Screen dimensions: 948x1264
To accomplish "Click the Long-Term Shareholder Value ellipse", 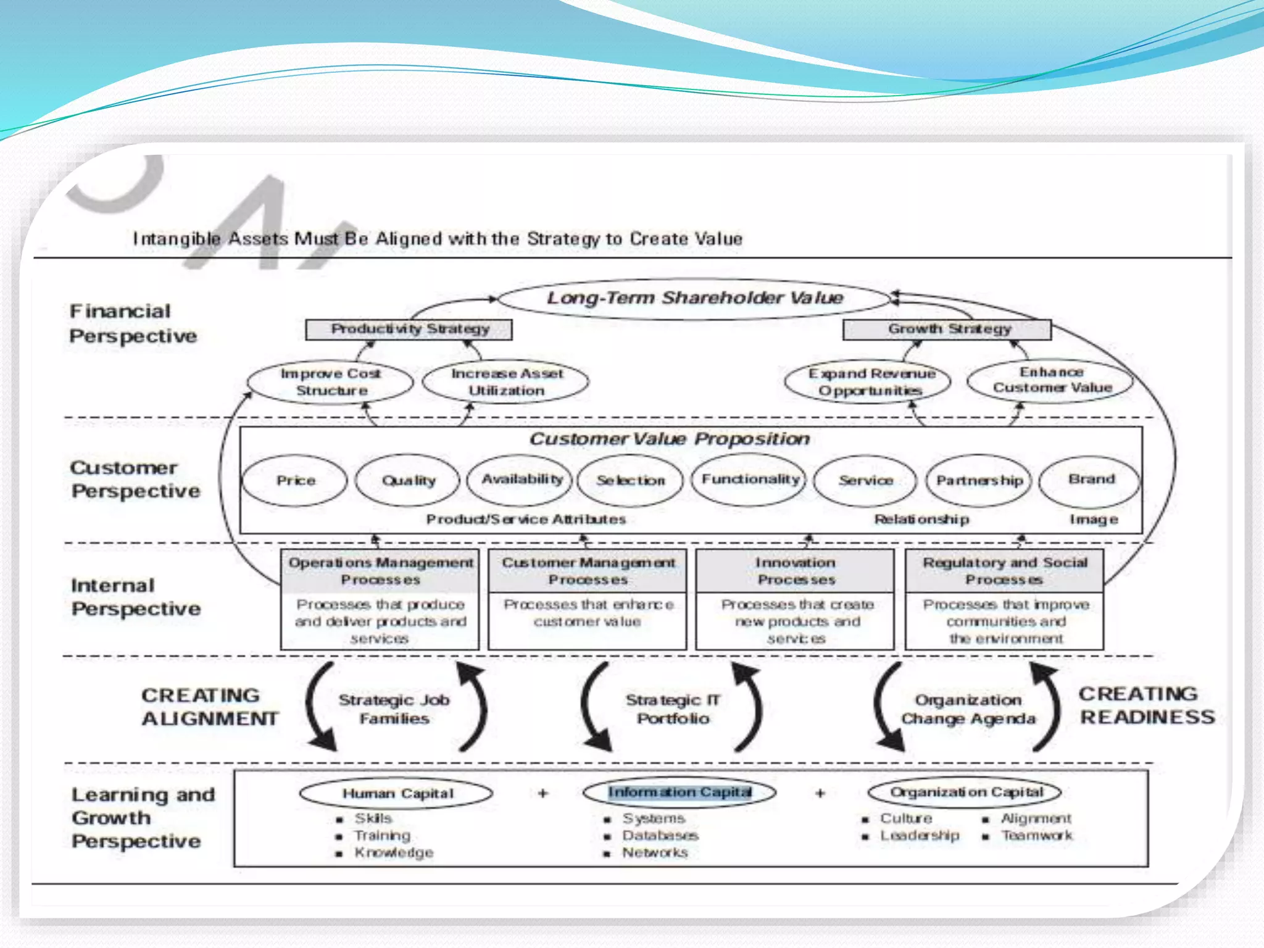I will (x=694, y=299).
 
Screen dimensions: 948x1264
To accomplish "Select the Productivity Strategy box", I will (x=409, y=329).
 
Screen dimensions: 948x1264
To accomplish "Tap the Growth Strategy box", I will (x=947, y=329).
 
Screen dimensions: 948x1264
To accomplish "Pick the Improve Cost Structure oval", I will (x=330, y=382).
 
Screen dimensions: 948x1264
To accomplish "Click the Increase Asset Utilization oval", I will (x=506, y=382).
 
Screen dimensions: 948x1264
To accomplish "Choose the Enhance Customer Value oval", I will (x=1051, y=380).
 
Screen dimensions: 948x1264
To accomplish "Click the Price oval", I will (x=296, y=480).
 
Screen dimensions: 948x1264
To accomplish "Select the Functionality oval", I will (x=749, y=480).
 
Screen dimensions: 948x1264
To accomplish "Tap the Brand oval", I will (x=1091, y=480).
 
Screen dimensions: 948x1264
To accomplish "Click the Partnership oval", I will (x=979, y=480).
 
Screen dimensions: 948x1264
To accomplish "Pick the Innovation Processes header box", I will (x=796, y=571).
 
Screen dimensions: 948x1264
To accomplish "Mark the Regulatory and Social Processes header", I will (x=1004, y=571).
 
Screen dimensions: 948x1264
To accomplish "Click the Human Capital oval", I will (x=397, y=793).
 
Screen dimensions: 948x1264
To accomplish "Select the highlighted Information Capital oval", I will (x=679, y=792).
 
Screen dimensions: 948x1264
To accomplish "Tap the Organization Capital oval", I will (x=965, y=792).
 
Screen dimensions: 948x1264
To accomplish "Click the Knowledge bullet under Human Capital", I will (x=393, y=852).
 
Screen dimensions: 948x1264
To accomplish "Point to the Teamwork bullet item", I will (x=1036, y=836).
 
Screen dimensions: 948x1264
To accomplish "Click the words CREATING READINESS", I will (x=1145, y=705).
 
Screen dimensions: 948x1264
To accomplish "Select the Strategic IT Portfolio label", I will (x=673, y=709).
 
